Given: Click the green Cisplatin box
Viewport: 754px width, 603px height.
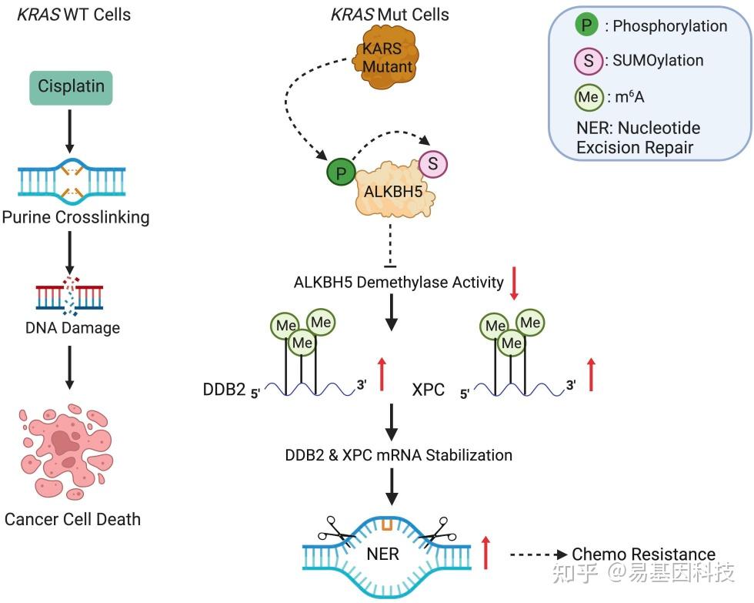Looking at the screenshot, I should [72, 87].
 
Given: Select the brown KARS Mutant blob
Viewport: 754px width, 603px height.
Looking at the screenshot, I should [387, 59].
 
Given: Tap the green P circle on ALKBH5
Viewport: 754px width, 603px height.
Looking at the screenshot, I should [341, 172].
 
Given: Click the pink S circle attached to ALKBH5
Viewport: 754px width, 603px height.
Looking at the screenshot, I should [433, 164].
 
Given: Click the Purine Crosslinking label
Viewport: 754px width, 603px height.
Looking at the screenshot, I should [75, 217].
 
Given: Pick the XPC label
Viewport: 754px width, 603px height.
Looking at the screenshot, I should [429, 389].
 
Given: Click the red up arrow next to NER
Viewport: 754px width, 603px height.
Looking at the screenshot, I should [485, 553].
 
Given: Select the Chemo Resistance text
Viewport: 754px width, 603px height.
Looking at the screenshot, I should [643, 554].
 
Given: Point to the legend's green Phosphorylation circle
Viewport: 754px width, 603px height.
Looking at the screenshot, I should [587, 25].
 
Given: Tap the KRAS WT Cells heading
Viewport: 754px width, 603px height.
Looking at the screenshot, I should [74, 15].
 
